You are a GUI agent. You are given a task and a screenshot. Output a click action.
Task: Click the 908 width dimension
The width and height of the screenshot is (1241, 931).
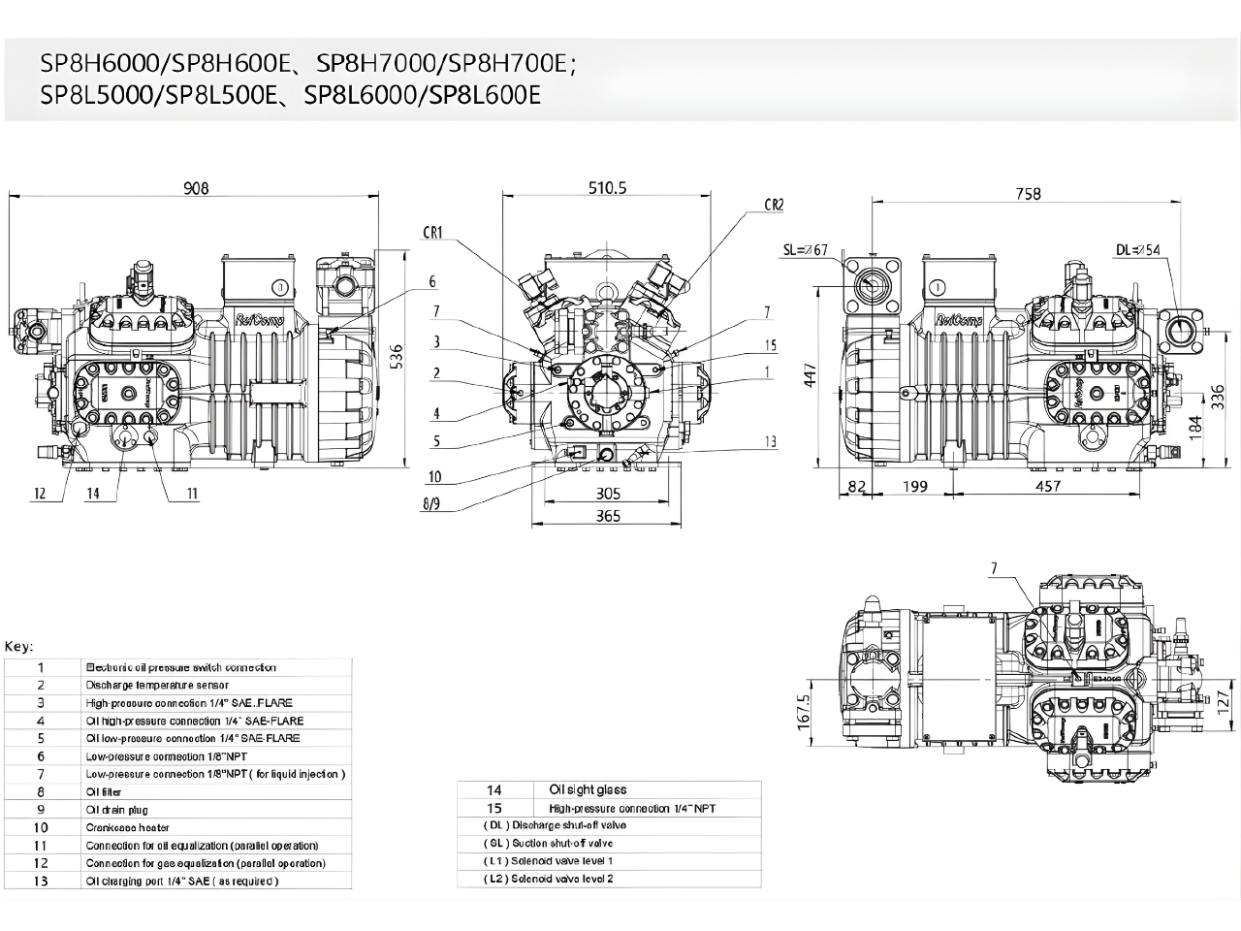197,188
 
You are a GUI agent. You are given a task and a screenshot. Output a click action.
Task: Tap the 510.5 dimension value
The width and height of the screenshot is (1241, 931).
608,188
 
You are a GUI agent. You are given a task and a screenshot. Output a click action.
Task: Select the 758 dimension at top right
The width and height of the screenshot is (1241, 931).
1028,194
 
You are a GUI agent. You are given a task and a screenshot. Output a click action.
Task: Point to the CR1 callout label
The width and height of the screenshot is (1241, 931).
432,233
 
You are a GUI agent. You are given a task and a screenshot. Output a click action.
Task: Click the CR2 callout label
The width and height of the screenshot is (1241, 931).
773,205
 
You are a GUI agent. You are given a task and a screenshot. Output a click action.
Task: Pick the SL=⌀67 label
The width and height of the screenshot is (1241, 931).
805,250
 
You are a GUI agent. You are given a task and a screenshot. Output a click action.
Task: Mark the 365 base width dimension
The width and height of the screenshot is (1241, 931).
608,516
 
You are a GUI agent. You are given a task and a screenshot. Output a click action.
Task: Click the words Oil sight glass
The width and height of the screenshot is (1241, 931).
588,790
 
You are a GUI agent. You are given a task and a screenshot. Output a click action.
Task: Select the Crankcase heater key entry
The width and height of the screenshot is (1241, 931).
127,827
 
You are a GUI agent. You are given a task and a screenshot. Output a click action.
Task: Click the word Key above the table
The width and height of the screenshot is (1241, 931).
19,646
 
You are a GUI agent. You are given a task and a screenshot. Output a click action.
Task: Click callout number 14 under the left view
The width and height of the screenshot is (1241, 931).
92,494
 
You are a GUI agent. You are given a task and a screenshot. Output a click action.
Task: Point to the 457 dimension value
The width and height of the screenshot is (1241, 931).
1047,486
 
